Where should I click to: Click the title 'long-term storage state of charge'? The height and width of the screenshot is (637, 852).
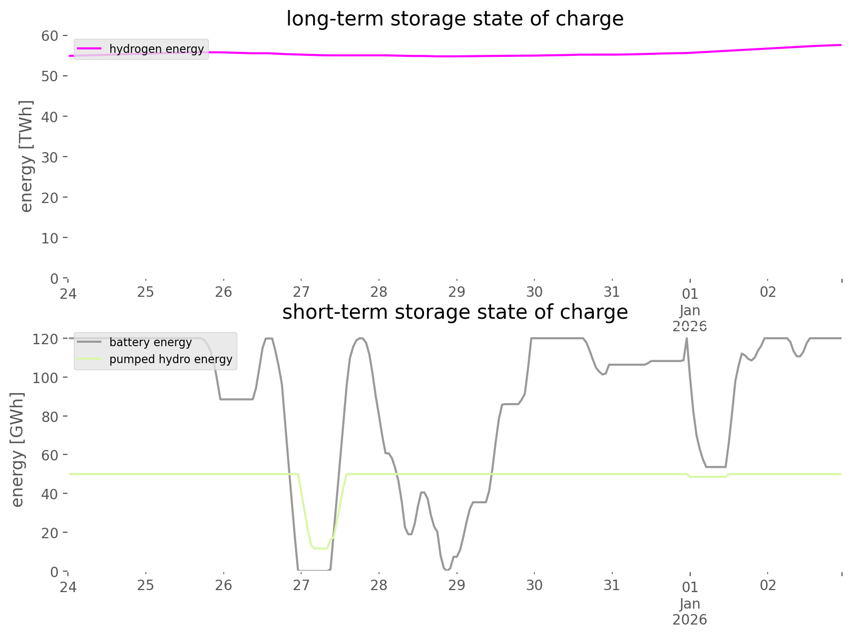click(454, 19)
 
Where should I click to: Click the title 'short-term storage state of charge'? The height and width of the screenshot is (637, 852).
click(454, 312)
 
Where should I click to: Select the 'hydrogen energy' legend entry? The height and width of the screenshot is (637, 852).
click(156, 49)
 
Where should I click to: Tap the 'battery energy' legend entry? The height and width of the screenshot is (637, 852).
click(150, 342)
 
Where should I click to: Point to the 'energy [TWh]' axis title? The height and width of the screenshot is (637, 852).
click(26, 156)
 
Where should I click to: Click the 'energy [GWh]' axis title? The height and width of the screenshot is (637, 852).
click(17, 449)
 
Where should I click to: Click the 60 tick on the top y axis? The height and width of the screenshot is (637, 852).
click(49, 36)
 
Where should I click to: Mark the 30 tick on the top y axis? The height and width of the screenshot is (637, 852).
click(49, 157)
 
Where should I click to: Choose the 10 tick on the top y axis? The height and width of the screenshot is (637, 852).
click(49, 238)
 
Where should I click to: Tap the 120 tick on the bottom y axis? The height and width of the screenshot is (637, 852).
click(46, 339)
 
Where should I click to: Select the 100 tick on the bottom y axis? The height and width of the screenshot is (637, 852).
click(46, 378)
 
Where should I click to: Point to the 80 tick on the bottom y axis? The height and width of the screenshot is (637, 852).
click(49, 417)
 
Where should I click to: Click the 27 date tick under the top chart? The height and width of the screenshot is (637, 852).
click(301, 292)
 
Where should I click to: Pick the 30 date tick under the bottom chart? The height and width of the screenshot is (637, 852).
click(534, 585)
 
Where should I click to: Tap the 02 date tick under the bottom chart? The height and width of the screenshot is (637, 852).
click(768, 585)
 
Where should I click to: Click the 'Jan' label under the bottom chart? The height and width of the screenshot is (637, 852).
click(690, 604)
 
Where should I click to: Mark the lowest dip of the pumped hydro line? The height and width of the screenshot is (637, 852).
click(320, 548)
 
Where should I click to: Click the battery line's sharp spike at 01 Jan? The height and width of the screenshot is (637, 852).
click(687, 339)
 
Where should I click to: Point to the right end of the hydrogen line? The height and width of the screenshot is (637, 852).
click(841, 45)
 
